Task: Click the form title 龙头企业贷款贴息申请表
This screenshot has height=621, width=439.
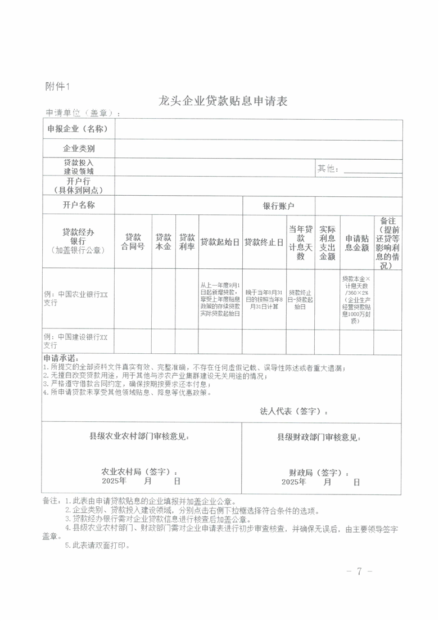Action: pyautogui.click(x=223, y=101)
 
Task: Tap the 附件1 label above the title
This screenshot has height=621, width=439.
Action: pyautogui.click(x=57, y=86)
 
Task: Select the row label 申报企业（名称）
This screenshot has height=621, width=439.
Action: pyautogui.click(x=79, y=129)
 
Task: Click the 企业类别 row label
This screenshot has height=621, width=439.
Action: pyautogui.click(x=79, y=149)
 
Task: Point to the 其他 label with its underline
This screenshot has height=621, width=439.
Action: pyautogui.click(x=359, y=168)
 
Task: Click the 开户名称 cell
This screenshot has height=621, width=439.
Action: pyautogui.click(x=79, y=205)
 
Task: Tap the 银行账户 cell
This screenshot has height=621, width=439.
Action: pyautogui.click(x=278, y=206)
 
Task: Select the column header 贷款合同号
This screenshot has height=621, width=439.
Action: pyautogui.click(x=133, y=241)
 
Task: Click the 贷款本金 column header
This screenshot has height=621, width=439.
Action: pyautogui.click(x=163, y=241)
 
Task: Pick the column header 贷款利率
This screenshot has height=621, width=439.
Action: pyautogui.click(x=187, y=241)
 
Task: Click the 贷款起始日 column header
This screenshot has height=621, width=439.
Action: pyautogui.click(x=220, y=242)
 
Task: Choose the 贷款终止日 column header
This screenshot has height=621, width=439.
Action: pyautogui.click(x=264, y=242)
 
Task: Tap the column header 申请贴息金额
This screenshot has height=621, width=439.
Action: pyautogui.click(x=356, y=242)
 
